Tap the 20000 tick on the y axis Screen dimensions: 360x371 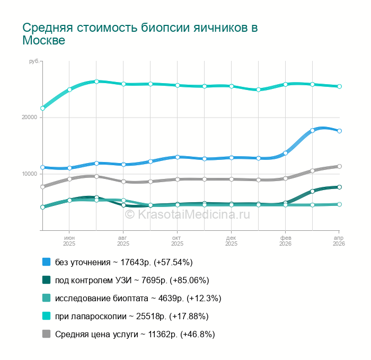coord(29,117)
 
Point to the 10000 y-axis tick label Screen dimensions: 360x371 coord(29,174)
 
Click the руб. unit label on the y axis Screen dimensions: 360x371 coord(34,62)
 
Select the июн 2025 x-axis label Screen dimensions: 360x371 coord(69,241)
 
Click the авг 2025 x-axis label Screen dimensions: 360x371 coord(123,241)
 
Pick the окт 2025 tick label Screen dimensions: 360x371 coord(178,241)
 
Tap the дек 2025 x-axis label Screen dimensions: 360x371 coord(232,241)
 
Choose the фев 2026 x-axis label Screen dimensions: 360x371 coord(285,241)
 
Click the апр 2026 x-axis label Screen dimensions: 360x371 coord(339,241)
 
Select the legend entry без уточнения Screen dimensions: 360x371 coord(123,262)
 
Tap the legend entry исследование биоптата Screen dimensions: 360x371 coord(138,298)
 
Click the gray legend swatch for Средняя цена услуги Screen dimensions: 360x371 coord(46,334)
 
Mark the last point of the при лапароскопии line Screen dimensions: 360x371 coord(339,86)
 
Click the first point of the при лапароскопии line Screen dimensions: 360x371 coord(42,109)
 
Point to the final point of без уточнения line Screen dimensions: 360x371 coord(339,131)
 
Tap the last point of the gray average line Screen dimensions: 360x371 coord(339,166)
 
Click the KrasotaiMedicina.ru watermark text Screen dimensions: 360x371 coord(187,214)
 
